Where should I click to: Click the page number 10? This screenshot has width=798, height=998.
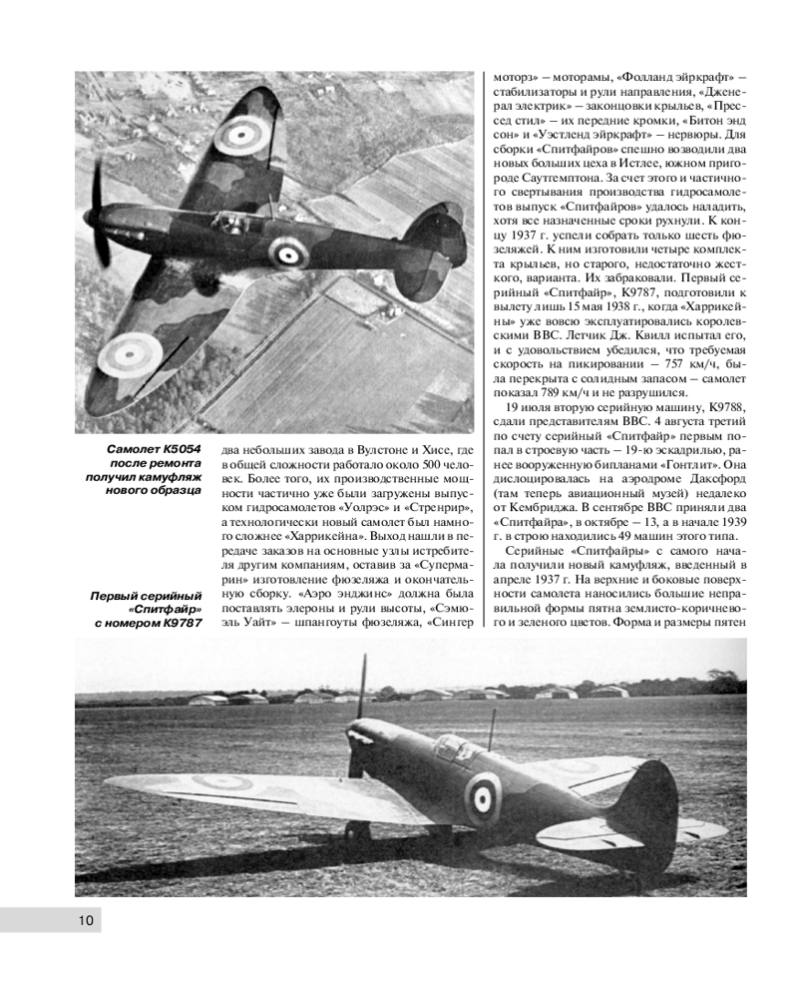point(86,919)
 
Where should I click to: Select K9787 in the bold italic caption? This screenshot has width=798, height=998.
point(177,624)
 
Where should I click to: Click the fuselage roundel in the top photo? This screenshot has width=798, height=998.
point(287,253)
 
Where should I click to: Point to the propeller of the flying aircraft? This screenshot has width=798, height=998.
point(100,213)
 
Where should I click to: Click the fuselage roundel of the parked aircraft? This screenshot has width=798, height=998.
point(484,795)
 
